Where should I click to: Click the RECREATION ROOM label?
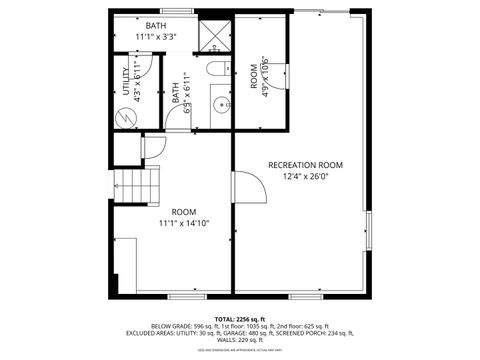[305, 165]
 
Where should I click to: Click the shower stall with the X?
[214, 36]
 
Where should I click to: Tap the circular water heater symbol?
[127, 116]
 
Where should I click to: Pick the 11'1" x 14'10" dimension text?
[183, 225]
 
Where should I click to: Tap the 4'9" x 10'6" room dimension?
[264, 77]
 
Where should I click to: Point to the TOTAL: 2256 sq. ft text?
[239, 317]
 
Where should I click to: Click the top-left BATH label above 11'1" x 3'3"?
[157, 25]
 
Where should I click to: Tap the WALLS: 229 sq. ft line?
[239, 341]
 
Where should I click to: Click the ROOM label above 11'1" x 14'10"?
[183, 212]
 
